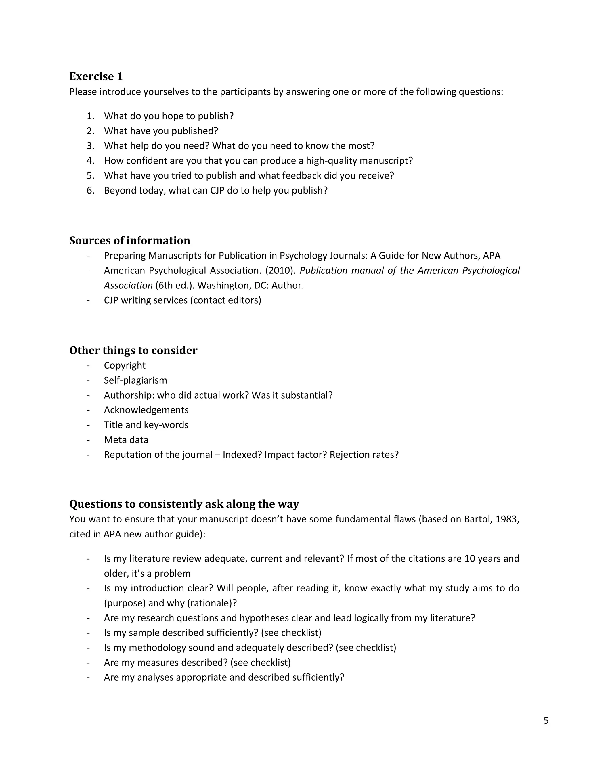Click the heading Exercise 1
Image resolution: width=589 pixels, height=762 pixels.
tap(96, 76)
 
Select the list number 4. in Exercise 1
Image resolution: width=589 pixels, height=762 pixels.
tap(90, 160)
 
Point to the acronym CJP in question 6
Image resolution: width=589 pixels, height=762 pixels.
tap(218, 190)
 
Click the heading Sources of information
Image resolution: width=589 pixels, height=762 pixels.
tap(129, 240)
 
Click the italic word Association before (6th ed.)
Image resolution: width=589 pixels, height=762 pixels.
tap(128, 286)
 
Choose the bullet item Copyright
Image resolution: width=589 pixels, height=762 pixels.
tap(125, 365)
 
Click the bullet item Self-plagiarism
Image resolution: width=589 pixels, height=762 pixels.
tap(135, 380)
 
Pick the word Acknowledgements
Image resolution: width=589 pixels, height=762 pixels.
tap(146, 410)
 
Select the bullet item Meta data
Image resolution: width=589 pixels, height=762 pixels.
tap(126, 440)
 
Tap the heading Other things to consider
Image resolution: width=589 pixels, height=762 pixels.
tap(133, 350)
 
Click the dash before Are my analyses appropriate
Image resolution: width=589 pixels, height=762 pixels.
tap(88, 677)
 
